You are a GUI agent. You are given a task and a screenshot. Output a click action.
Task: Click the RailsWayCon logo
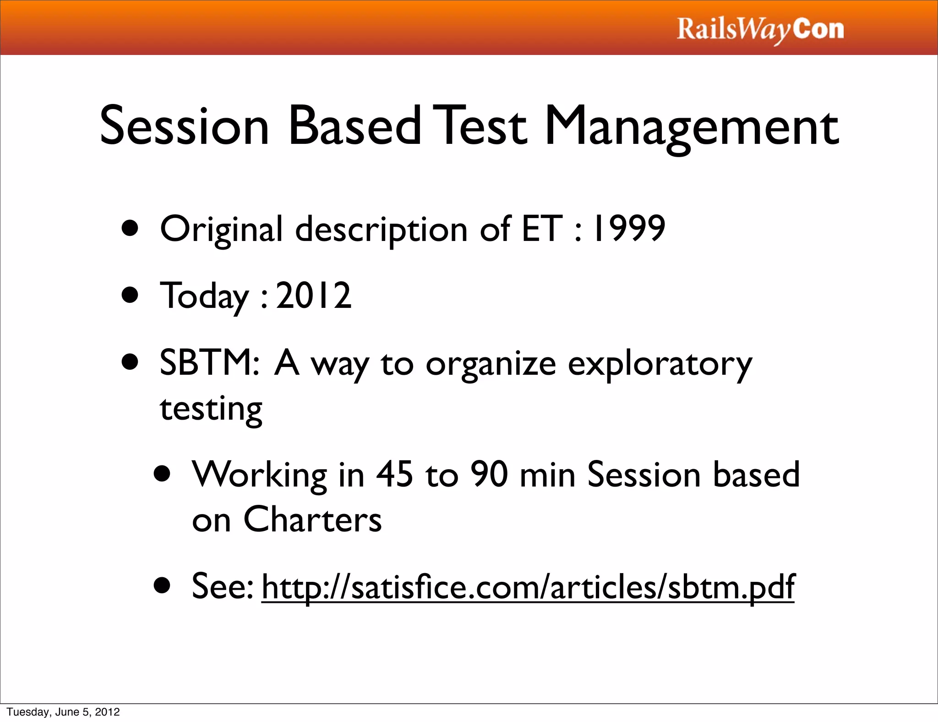760,30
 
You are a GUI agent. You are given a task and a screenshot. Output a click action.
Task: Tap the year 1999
628,228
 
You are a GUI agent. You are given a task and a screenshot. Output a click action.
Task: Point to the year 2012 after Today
314,295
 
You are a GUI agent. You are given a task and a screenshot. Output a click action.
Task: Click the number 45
394,474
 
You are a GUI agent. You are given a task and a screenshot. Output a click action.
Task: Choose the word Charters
312,520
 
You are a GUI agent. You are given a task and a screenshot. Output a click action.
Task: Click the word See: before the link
222,586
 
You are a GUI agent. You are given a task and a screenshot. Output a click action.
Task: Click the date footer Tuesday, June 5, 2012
63,712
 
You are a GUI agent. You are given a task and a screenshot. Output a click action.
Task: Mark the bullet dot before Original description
131,229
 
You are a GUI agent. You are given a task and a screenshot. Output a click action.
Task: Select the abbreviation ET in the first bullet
541,228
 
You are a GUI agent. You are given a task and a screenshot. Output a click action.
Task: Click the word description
381,229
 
